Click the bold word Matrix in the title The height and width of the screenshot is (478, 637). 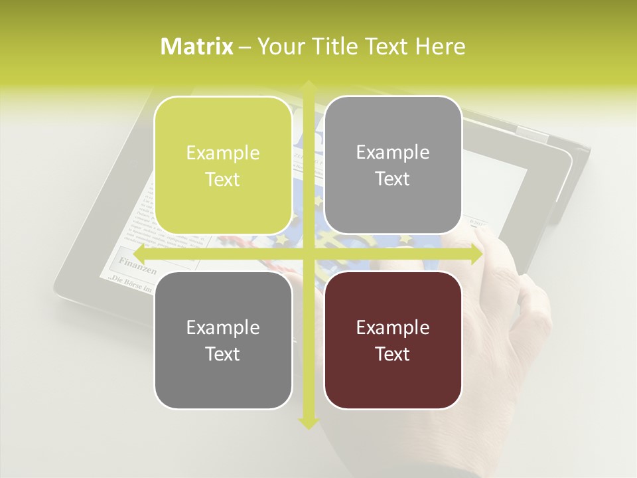197,46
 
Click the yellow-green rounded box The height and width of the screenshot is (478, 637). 223,166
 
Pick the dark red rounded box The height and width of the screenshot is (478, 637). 393,341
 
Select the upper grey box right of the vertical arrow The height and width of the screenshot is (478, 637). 393,165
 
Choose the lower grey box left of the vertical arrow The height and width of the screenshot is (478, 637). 223,341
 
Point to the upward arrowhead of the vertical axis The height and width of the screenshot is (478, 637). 308,87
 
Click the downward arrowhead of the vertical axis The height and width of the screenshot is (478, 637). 308,423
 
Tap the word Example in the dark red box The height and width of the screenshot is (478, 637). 393,327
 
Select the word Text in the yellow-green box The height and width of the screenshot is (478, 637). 223,179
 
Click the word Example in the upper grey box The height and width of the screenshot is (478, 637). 393,152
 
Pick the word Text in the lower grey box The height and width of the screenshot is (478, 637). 223,354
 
